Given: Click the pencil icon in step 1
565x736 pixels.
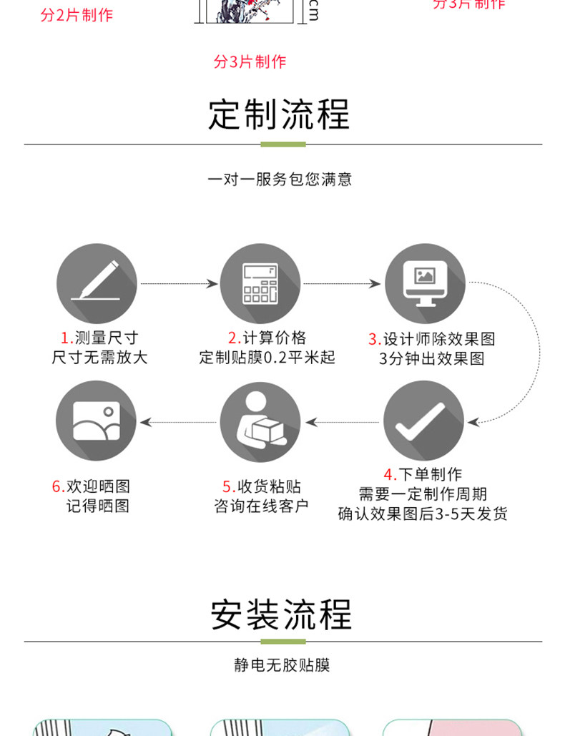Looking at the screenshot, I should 97,283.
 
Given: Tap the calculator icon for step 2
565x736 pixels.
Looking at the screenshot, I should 260,283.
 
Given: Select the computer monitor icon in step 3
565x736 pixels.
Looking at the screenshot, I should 425,283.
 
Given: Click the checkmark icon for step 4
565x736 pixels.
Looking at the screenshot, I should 423,421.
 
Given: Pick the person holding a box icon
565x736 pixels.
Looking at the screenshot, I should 260,421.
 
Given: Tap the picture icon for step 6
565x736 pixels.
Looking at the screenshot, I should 97,421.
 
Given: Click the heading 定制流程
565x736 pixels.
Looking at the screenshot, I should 280,114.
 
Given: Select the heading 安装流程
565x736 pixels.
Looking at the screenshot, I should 282,614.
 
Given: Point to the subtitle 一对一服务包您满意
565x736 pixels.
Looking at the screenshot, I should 280,179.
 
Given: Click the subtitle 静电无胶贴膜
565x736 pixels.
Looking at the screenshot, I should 282,664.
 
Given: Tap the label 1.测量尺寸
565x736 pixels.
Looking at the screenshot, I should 99,338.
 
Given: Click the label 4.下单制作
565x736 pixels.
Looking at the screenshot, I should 423,474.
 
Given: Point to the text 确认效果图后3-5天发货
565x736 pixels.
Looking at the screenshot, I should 423,514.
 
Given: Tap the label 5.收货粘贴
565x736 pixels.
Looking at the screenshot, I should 261,486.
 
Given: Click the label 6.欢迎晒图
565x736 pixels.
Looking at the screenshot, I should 91,486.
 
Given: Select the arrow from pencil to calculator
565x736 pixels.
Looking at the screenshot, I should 178,284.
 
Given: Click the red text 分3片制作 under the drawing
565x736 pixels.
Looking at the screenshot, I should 250,62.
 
